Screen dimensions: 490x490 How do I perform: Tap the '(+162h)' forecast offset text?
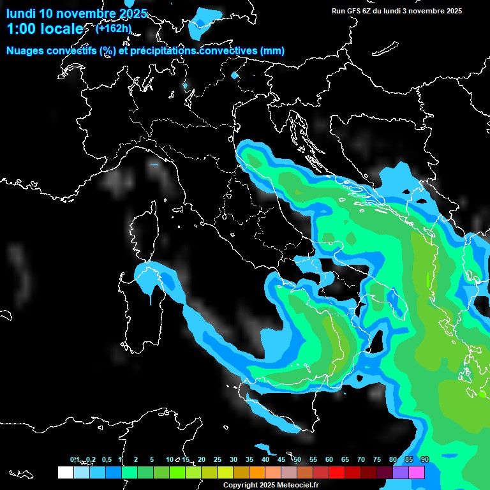(x=114, y=27)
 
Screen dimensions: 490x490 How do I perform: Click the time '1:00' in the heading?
(x=23, y=29)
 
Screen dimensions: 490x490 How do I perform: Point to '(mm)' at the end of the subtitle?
(x=272, y=51)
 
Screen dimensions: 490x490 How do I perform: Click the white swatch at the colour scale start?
(x=65, y=472)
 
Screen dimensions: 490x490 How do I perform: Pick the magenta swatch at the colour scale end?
(x=417, y=472)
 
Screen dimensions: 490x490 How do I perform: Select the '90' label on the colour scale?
(x=425, y=459)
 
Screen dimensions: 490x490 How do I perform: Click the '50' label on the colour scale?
(x=297, y=459)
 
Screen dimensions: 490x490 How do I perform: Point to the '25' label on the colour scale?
(x=218, y=459)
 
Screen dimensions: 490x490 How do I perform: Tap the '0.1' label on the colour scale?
(x=75, y=459)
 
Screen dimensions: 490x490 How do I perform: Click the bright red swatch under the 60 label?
(x=336, y=472)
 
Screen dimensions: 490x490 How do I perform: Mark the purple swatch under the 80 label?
(x=400, y=472)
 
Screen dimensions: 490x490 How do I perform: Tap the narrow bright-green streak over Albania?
(x=427, y=279)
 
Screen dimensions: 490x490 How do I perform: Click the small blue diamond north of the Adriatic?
(x=235, y=75)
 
